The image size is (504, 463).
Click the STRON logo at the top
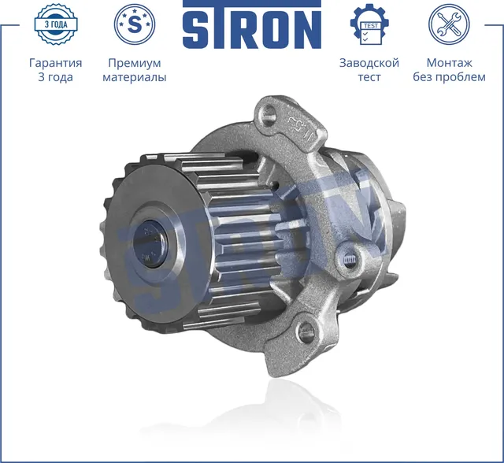pos(252,26)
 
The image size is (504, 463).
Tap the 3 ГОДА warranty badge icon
pos(57,24)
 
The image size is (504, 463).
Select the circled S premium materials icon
pos(135,24)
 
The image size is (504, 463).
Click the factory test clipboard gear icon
pos(369,25)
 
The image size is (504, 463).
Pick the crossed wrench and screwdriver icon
pos(449,24)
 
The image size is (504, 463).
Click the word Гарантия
pos(55,62)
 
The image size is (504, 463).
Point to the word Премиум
pos(134,62)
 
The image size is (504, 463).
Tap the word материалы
pos(134,77)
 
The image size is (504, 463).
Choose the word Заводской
pos(369,62)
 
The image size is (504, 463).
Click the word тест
pos(369,77)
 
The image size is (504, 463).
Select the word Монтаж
pos(449,62)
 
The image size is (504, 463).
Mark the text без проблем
pos(449,77)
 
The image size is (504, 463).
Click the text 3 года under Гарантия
pos(55,77)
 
